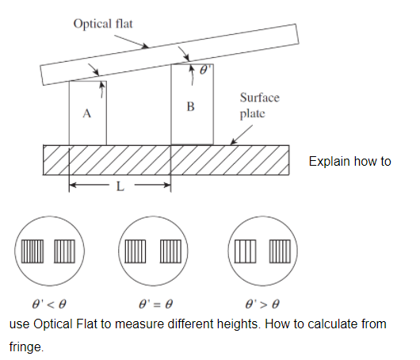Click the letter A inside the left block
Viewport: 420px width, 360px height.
click(86, 113)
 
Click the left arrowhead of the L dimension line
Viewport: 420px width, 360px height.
click(72, 185)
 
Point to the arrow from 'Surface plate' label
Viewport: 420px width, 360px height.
click(239, 135)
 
